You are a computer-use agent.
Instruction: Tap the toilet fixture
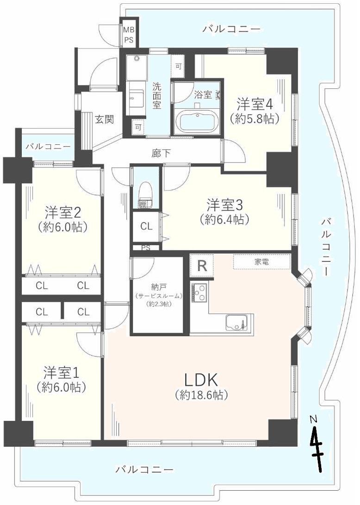[145, 191]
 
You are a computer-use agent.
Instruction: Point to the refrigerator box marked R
[202, 266]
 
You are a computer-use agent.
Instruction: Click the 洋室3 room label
[225, 204]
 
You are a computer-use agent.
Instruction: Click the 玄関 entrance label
[105, 119]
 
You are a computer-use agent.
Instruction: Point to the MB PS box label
[128, 35]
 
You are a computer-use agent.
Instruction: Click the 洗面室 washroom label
[157, 95]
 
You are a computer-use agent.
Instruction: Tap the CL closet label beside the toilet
[146, 226]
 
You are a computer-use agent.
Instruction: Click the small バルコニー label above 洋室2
[48, 147]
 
